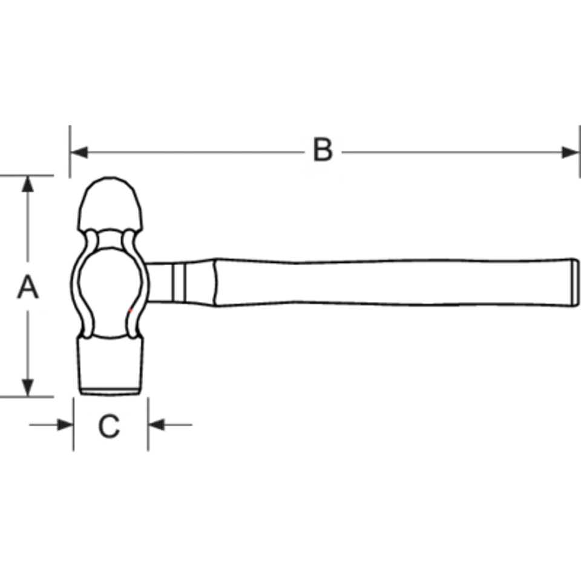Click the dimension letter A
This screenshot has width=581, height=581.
(x=28, y=286)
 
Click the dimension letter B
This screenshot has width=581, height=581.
(x=323, y=149)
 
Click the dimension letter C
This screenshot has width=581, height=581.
(x=109, y=426)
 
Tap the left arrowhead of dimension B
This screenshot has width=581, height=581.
(x=79, y=153)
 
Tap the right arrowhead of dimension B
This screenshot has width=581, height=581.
(x=570, y=153)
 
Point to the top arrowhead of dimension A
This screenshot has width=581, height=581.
(x=28, y=184)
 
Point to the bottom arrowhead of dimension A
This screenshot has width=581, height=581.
(x=28, y=387)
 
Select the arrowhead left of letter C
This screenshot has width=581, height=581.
(x=65, y=425)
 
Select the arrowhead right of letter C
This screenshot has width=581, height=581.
(x=156, y=425)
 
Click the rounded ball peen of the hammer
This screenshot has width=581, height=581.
(x=110, y=204)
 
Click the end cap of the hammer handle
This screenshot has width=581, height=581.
(x=575, y=283)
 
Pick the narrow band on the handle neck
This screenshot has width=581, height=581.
(x=179, y=283)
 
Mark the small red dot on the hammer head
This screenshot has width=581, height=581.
(x=130, y=310)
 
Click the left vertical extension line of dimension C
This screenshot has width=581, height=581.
(x=73, y=424)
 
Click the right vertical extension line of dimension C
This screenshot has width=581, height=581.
(x=148, y=424)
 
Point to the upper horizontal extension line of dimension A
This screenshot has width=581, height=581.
(x=27, y=176)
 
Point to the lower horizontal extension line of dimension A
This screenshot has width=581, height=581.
(x=27, y=397)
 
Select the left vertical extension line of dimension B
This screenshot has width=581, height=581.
(x=70, y=151)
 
